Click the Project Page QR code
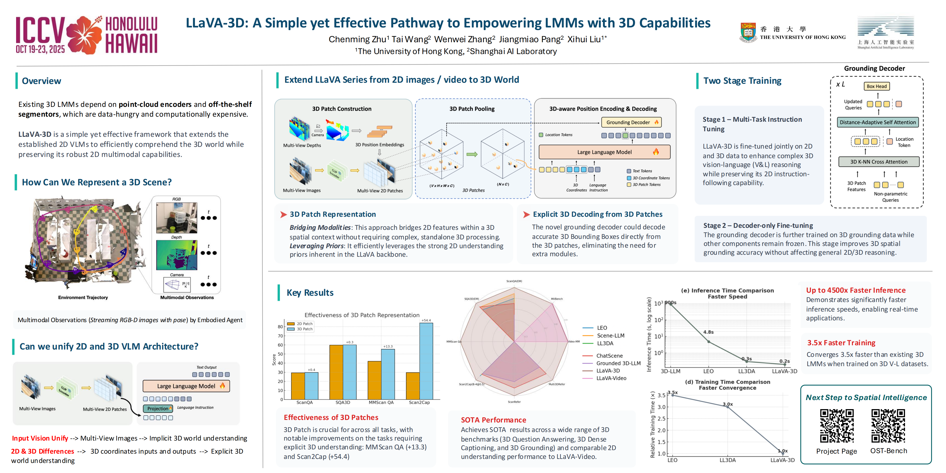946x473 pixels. click(x=837, y=426)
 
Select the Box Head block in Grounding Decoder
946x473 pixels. click(x=876, y=86)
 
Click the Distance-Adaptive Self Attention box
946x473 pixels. click(x=877, y=122)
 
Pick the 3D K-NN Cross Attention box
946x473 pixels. click(x=878, y=162)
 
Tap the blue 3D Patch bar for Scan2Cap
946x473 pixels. click(x=426, y=361)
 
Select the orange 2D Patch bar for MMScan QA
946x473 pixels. click(x=374, y=380)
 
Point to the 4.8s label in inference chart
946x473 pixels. click(x=708, y=332)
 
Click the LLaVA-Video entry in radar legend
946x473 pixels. click(x=611, y=378)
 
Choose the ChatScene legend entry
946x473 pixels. click(x=609, y=356)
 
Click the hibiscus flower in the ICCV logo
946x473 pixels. click(x=85, y=35)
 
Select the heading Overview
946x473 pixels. click(x=41, y=81)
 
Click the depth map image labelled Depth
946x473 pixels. click(x=176, y=255)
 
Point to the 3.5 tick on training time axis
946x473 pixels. click(x=661, y=395)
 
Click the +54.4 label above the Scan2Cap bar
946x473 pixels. click(x=426, y=320)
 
